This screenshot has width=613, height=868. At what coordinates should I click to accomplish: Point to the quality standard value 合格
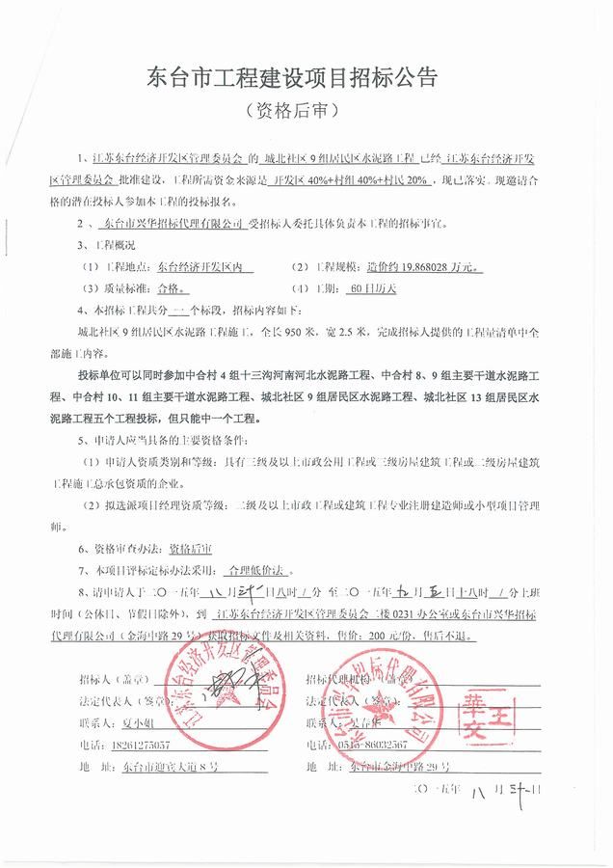(x=165, y=288)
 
